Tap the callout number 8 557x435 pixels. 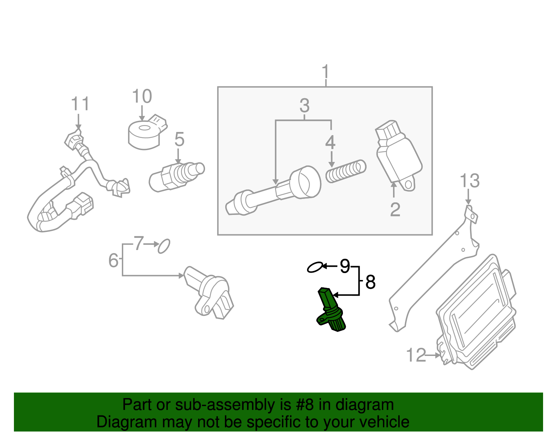(x=370, y=282)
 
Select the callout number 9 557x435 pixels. (x=345, y=266)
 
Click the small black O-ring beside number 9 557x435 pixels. (x=315, y=267)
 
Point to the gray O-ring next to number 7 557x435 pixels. (x=164, y=246)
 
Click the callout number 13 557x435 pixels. (x=469, y=181)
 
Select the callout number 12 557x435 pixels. (x=416, y=355)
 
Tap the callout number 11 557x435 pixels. (x=80, y=104)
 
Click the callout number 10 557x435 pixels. (x=142, y=96)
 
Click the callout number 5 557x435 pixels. (x=179, y=139)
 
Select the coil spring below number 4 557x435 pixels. (x=346, y=171)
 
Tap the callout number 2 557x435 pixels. (x=395, y=210)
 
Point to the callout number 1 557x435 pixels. (x=325, y=72)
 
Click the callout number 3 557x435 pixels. (x=304, y=105)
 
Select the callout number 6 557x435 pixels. (x=113, y=260)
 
